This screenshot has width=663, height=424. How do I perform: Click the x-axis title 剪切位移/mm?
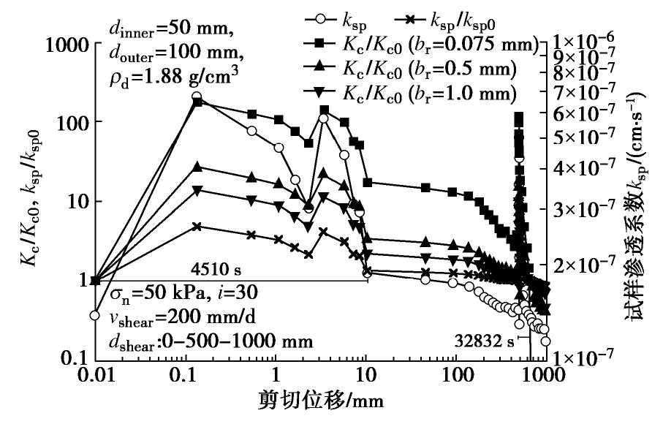(x=320, y=401)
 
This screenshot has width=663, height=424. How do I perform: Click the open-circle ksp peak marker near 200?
(x=197, y=96)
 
